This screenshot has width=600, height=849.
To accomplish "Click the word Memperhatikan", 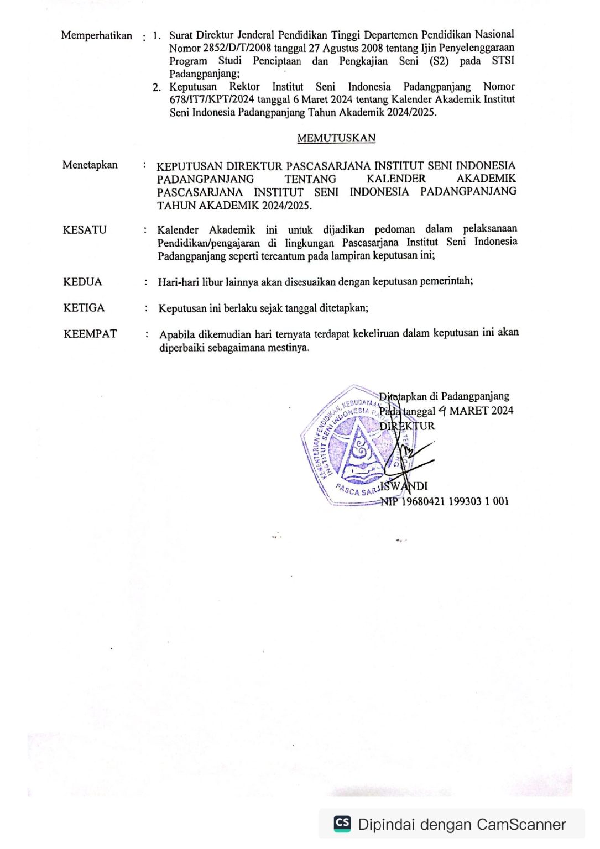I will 97,36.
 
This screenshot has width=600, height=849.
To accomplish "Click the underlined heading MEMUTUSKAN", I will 336,138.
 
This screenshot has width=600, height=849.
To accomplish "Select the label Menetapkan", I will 90,165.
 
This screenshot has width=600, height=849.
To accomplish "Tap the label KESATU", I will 85,230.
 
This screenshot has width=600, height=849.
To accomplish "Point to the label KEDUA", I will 82,282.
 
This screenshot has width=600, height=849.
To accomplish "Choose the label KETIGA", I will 84,308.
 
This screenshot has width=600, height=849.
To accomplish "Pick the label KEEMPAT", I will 90,334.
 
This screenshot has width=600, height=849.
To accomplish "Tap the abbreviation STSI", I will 503,60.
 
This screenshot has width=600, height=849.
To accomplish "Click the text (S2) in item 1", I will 439,61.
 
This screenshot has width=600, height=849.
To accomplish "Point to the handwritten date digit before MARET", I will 442,411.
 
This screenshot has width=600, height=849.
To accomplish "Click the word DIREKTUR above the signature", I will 407,426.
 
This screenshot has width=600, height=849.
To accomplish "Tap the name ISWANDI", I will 404,486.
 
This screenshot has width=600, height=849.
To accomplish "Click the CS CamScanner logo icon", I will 342,824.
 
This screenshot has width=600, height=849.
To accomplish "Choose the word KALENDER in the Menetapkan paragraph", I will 396,179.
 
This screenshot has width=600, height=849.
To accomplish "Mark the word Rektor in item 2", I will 244,87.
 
